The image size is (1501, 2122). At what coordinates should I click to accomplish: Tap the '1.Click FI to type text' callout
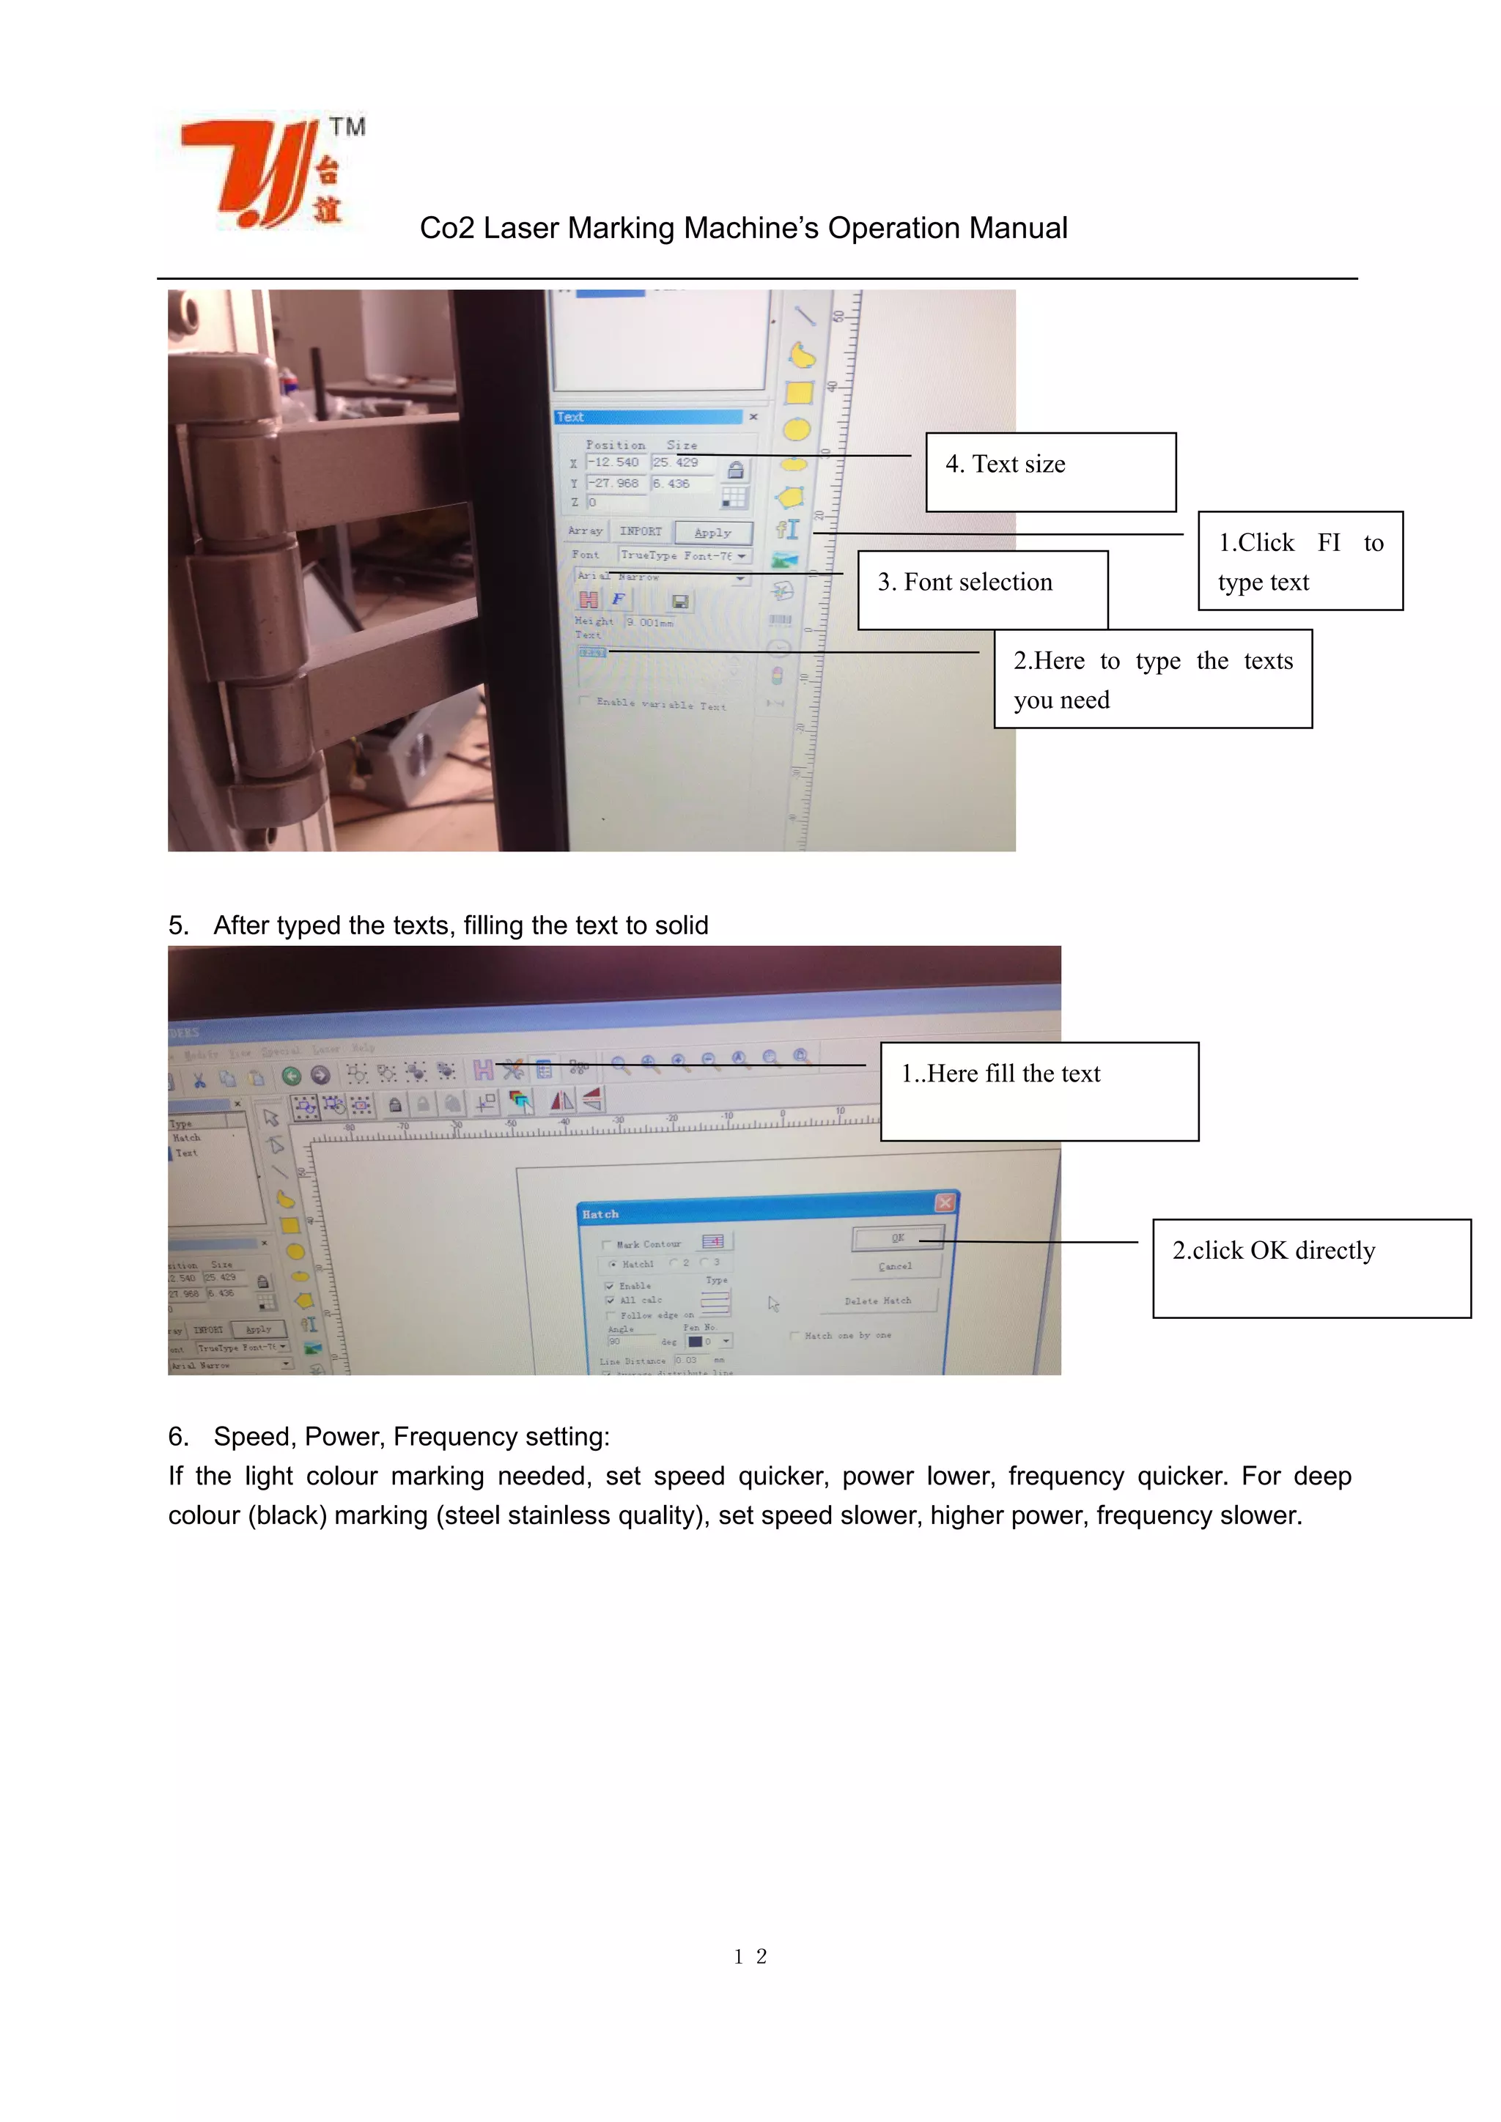(1299, 561)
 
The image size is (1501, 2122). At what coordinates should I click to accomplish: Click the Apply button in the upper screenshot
(712, 533)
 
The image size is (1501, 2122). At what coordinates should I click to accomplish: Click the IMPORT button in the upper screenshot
(641, 531)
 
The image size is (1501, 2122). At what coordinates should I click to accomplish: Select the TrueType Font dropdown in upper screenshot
(685, 555)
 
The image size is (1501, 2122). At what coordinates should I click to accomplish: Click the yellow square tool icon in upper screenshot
(799, 393)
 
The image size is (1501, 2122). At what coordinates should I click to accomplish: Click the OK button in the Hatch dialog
(898, 1238)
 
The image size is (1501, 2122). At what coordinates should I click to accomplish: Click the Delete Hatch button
(877, 1301)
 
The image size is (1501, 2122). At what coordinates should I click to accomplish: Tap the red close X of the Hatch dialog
(945, 1202)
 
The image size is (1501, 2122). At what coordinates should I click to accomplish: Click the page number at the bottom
(750, 1956)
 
